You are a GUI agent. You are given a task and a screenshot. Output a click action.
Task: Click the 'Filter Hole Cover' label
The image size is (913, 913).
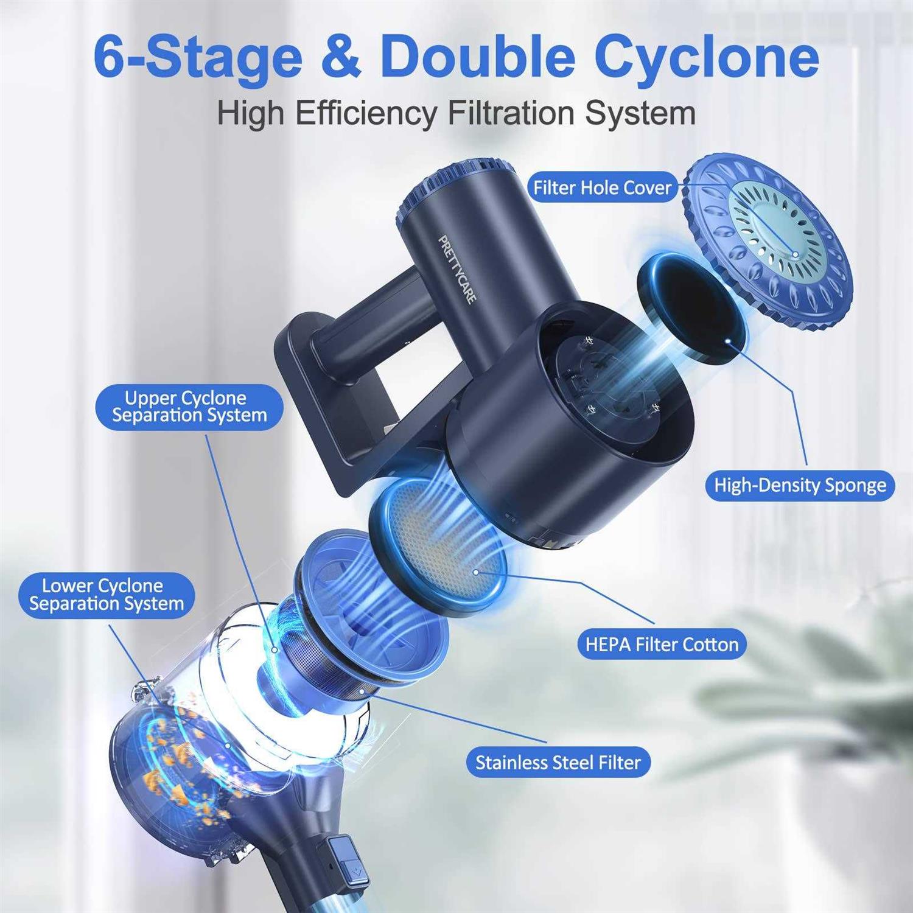point(602,187)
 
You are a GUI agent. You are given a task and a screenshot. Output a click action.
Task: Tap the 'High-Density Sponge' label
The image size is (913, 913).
point(800,485)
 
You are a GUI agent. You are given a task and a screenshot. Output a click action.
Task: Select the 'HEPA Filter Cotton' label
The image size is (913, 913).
point(662,644)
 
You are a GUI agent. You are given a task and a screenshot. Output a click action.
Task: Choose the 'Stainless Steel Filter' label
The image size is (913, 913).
point(558,762)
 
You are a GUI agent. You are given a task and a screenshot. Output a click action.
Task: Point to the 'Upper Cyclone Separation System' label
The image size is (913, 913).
point(189,407)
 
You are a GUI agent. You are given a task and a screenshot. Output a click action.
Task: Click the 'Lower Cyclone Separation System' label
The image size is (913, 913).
point(107,595)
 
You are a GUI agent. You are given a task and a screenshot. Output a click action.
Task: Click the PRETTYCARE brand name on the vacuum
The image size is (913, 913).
point(458,269)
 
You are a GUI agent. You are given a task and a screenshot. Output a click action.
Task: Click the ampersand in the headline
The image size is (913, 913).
point(341,57)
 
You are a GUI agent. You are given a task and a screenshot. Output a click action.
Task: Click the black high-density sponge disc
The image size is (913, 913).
point(691,309)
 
